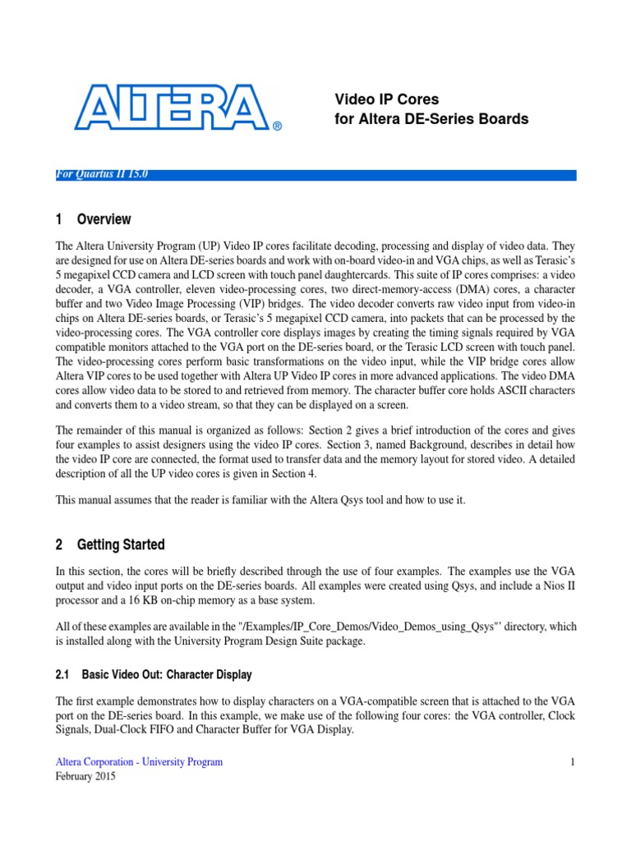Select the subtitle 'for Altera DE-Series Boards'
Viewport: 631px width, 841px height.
pos(431,119)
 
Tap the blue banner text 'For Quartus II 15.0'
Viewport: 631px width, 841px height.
pos(102,173)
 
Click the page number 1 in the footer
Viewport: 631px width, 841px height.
pos(573,762)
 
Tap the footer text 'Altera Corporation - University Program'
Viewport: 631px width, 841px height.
pos(139,762)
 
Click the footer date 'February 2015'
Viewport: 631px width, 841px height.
pos(85,776)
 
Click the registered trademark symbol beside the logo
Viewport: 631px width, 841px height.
pos(277,126)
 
